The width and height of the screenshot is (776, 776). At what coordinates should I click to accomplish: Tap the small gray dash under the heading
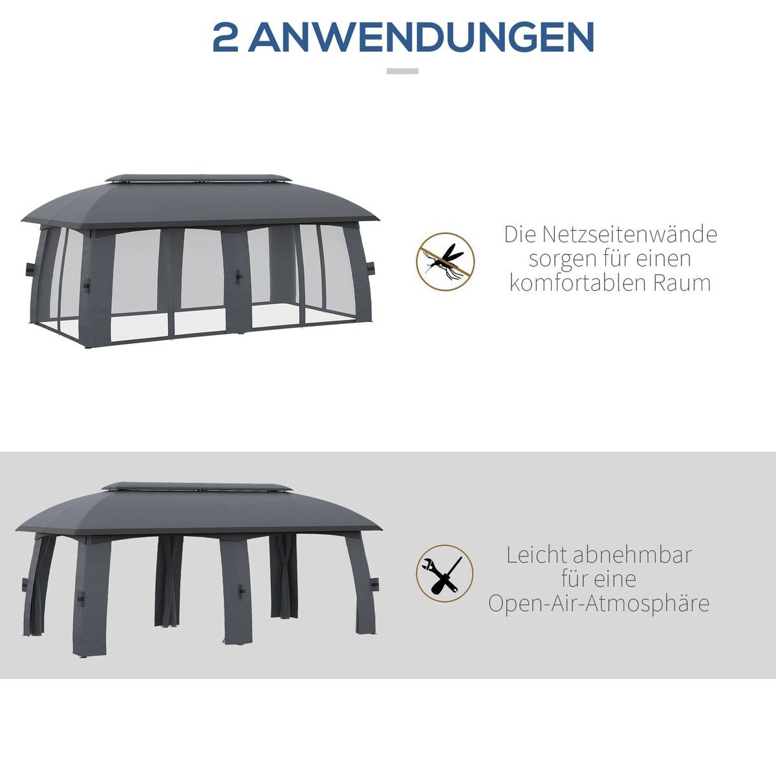point(402,71)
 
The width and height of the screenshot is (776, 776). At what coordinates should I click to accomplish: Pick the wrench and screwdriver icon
point(444,574)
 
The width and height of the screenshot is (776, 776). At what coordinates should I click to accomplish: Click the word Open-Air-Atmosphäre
point(598,603)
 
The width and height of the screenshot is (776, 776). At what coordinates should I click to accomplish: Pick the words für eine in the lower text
point(598,579)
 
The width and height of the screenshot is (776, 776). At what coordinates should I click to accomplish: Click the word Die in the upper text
point(521,234)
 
